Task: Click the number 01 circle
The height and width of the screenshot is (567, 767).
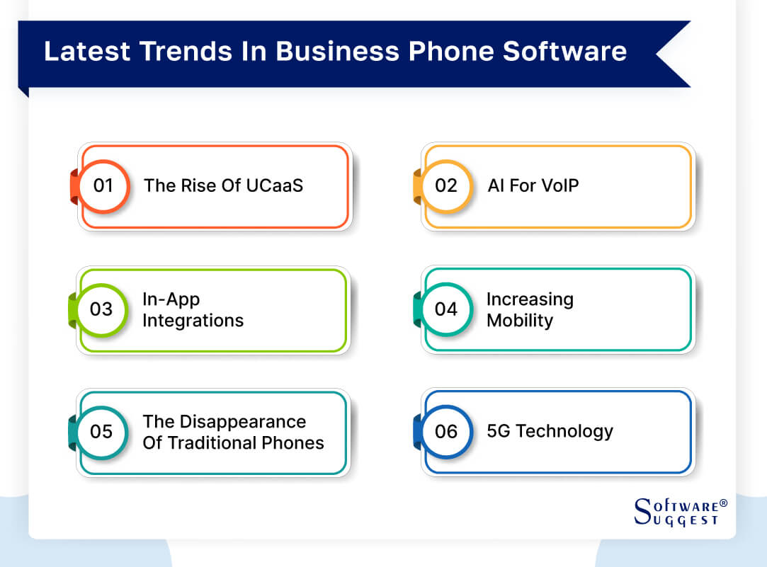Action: coord(103,186)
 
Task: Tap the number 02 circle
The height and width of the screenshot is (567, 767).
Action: coord(446,186)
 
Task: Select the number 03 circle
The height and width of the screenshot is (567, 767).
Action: coord(102,309)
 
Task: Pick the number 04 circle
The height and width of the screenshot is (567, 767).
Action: coord(446,309)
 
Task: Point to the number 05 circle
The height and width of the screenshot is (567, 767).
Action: coord(102,432)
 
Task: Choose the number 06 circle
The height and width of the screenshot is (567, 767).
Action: coord(446,432)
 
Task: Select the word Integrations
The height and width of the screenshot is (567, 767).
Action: coord(193,321)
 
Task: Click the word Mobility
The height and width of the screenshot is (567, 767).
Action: coord(519,321)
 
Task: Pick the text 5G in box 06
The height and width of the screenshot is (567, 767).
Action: coord(499,431)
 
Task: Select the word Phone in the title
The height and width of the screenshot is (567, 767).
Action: coord(448,52)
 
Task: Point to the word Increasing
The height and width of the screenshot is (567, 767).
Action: coord(529,299)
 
